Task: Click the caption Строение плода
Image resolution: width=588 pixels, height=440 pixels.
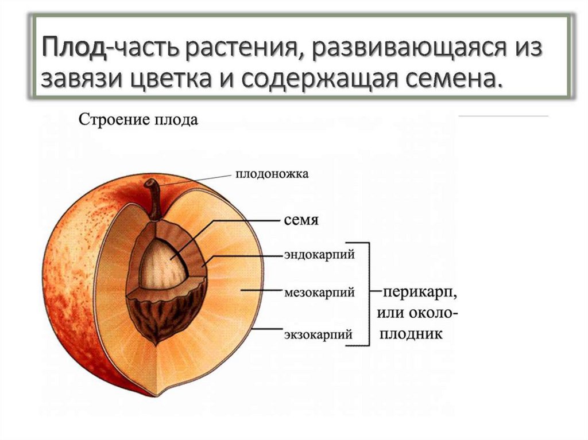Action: coord(138,120)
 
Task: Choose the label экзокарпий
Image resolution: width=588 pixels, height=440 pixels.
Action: coord(317,333)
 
